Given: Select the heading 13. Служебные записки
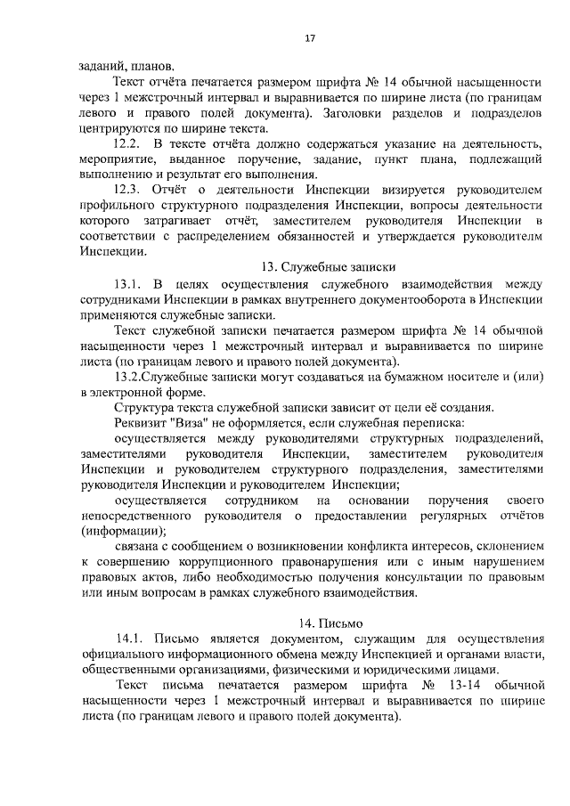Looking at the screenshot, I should coord(328,266).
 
